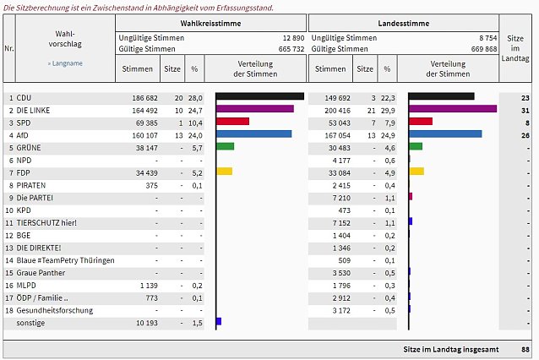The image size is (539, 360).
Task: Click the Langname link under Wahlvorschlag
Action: (65, 63)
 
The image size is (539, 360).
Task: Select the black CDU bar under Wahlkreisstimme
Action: (260, 96)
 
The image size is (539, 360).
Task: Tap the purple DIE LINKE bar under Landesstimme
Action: (453, 109)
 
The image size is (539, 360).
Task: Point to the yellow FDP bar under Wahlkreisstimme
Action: (225, 172)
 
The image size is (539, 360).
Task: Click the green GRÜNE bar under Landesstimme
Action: (416, 146)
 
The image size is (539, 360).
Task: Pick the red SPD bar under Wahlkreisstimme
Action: (232, 121)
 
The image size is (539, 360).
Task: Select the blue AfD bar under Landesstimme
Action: (445, 134)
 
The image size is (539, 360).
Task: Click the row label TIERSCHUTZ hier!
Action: (46, 223)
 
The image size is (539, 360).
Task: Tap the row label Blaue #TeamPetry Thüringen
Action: (65, 260)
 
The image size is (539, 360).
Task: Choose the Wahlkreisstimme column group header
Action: (210, 24)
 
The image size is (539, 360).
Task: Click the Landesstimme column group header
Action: (404, 24)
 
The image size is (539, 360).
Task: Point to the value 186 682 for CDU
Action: (144, 98)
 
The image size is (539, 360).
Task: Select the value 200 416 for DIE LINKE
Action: (337, 111)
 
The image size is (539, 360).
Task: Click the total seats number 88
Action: (525, 349)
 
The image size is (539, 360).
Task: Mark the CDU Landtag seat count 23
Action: (525, 98)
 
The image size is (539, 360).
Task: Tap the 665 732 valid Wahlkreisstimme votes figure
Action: (291, 49)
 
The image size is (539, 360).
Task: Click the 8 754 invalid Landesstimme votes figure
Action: (488, 38)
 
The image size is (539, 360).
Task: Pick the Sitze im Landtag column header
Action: (515, 48)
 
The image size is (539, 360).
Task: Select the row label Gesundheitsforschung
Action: (55, 310)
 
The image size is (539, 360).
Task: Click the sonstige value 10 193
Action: (147, 323)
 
